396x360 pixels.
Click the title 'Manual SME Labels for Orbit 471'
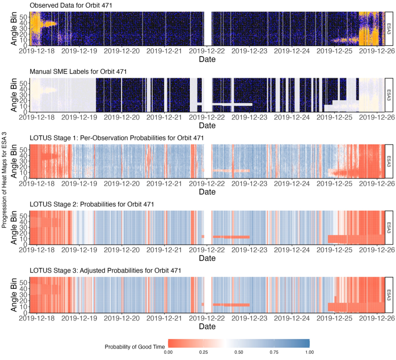(x=79, y=72)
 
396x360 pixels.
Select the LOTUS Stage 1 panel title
(x=117, y=138)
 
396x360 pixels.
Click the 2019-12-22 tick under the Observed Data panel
(x=207, y=51)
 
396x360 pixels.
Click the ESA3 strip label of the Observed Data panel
(x=389, y=28)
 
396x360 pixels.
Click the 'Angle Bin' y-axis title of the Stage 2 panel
(x=14, y=227)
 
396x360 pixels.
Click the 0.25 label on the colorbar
(x=204, y=352)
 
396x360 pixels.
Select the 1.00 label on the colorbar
(x=309, y=352)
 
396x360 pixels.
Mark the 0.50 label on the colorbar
(x=239, y=352)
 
